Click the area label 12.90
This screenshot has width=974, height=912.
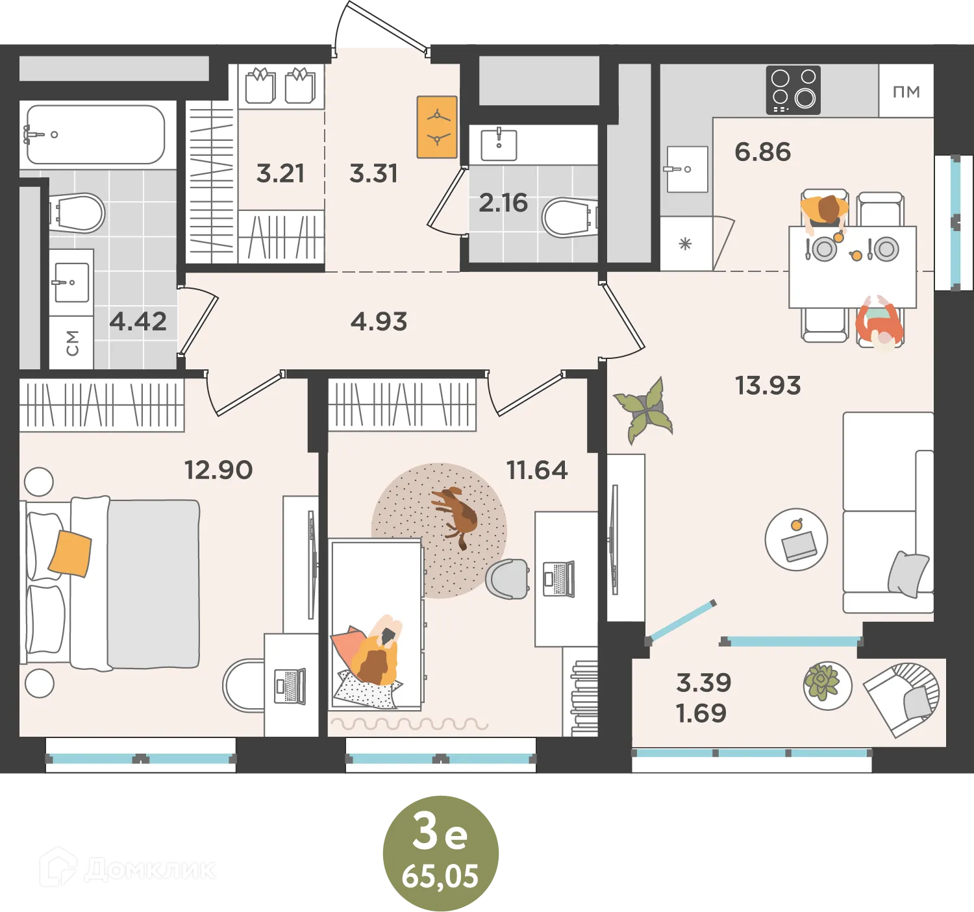point(218,470)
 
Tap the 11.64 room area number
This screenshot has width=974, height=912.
point(537,470)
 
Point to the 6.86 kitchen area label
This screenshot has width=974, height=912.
point(762,151)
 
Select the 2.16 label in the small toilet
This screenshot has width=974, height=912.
point(503,203)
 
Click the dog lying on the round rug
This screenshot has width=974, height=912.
point(455,516)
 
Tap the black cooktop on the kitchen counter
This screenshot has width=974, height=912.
point(793,90)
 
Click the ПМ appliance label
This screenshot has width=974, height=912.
point(906,92)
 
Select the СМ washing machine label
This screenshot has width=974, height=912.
point(72,343)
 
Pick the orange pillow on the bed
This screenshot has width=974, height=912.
point(70,553)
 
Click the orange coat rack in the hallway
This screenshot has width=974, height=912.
point(437,127)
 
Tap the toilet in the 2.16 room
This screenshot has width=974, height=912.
point(570,216)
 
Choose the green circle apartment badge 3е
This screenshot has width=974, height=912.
point(440,853)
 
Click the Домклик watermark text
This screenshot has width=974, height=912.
point(149,870)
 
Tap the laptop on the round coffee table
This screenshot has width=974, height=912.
point(799,546)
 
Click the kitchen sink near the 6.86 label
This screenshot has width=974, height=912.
point(687,169)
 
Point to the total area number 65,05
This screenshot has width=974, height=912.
point(440,877)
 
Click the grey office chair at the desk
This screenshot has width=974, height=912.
point(508,579)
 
